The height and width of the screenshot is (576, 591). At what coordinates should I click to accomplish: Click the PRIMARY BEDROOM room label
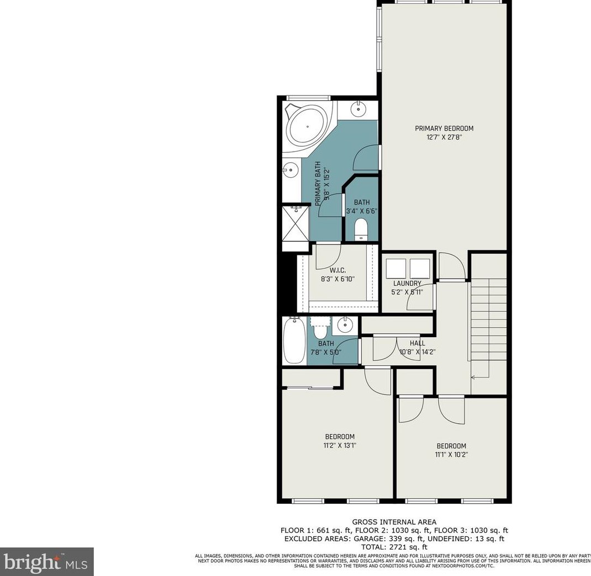(444, 129)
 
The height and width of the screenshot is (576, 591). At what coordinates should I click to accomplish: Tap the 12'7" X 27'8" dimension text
(444, 137)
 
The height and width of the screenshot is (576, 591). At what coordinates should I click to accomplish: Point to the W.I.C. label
(337, 270)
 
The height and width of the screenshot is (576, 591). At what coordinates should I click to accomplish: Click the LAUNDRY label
(408, 284)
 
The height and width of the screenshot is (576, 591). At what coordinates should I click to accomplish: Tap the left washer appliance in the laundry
(396, 269)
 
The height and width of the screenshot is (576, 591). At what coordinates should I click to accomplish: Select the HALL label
(417, 343)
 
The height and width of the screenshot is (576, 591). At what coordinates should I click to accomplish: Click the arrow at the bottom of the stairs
(474, 377)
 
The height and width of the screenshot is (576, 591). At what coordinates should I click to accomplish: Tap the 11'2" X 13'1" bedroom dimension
(340, 445)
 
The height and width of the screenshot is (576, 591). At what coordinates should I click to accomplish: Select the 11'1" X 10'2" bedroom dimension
(451, 455)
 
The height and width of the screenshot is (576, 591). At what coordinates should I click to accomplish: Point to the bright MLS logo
(46, 562)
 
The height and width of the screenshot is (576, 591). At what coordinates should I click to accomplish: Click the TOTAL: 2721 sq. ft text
(394, 547)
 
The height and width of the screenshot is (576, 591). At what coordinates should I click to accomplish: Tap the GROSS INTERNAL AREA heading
(394, 522)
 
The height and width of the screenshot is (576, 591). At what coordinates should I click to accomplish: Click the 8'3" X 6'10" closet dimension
(337, 279)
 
